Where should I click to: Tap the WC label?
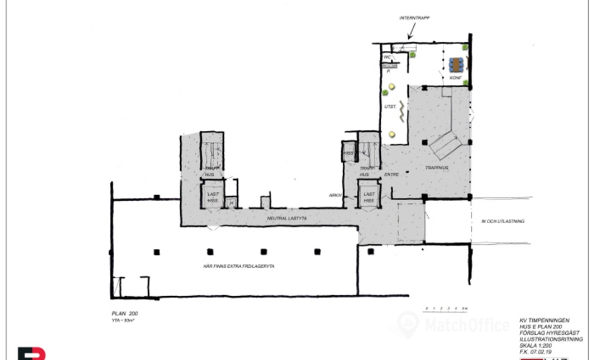pos(387,56)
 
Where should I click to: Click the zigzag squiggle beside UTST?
pos(403,109)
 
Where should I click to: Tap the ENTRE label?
pos(391,174)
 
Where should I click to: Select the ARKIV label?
pos(335,195)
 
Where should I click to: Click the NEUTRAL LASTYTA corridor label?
pos(287,217)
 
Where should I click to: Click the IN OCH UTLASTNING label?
pos(502,222)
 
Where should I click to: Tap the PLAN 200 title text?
pos(123,315)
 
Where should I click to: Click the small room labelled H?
pos(232,203)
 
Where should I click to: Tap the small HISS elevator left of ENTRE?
pos(349,153)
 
